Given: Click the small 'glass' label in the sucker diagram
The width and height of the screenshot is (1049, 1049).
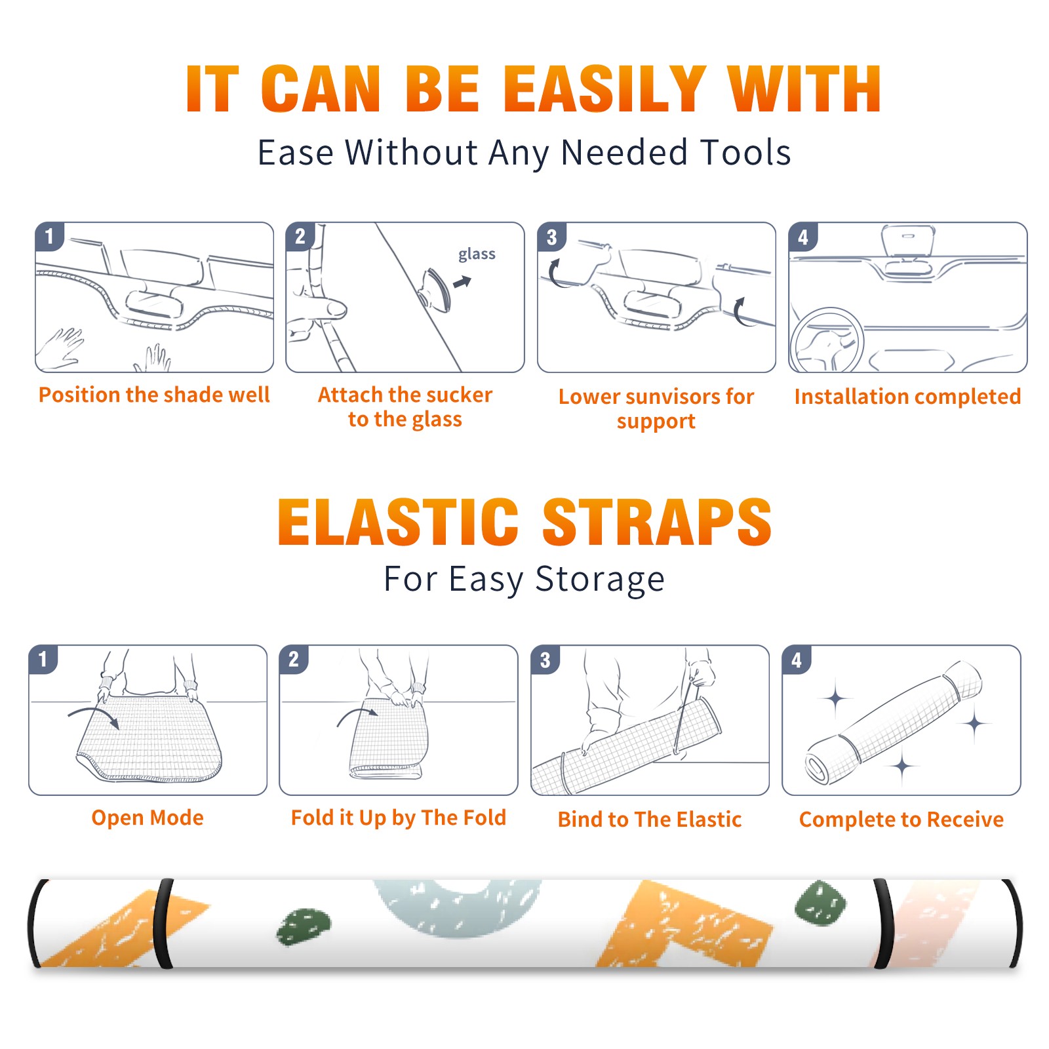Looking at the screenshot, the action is (477, 254).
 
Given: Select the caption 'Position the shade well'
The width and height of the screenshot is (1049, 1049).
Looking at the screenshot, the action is (154, 395).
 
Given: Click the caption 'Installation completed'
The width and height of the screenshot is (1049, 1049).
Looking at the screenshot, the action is (907, 396).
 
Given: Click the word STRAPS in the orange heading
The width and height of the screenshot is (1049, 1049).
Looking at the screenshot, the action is (657, 522).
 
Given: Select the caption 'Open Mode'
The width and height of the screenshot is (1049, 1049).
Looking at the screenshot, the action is (148, 818).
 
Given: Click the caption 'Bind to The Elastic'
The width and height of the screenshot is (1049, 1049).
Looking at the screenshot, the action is (650, 820).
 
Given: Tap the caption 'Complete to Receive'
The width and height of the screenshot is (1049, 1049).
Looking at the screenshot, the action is (901, 820).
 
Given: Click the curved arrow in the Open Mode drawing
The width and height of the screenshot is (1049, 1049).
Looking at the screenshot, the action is (94, 711).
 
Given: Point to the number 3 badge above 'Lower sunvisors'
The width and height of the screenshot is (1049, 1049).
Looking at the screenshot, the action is (551, 237).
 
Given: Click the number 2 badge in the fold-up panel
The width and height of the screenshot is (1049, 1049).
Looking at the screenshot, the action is (294, 659).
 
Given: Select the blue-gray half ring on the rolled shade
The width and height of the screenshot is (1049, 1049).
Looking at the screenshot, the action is (458, 908).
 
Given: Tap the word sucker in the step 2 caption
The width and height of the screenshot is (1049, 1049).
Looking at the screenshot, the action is (459, 395).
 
